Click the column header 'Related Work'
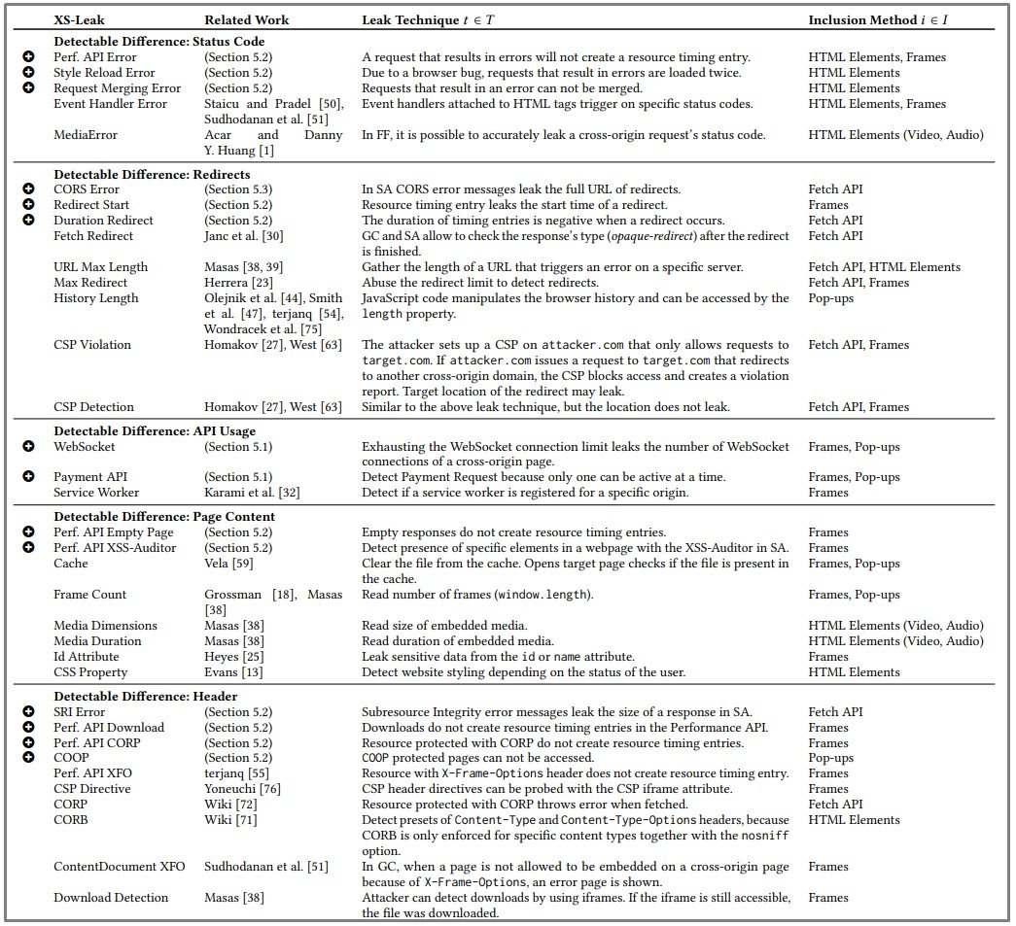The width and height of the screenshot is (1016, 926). (246, 19)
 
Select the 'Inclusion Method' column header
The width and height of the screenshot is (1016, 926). (878, 19)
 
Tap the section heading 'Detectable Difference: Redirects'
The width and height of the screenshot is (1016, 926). (152, 174)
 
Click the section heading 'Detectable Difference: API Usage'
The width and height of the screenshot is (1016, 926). (155, 430)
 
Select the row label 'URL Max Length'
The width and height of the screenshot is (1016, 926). (100, 267)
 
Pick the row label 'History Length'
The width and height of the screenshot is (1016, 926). (95, 298)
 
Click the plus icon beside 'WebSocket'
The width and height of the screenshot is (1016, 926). (29, 446)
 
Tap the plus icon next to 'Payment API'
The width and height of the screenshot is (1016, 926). (29, 477)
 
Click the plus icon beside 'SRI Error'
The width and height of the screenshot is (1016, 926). (29, 712)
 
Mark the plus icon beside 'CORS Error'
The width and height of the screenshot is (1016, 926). (29, 189)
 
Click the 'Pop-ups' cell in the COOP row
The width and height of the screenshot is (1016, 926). (830, 758)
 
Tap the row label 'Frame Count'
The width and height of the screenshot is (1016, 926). (89, 595)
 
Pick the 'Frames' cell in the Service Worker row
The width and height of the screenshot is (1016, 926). (828, 493)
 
